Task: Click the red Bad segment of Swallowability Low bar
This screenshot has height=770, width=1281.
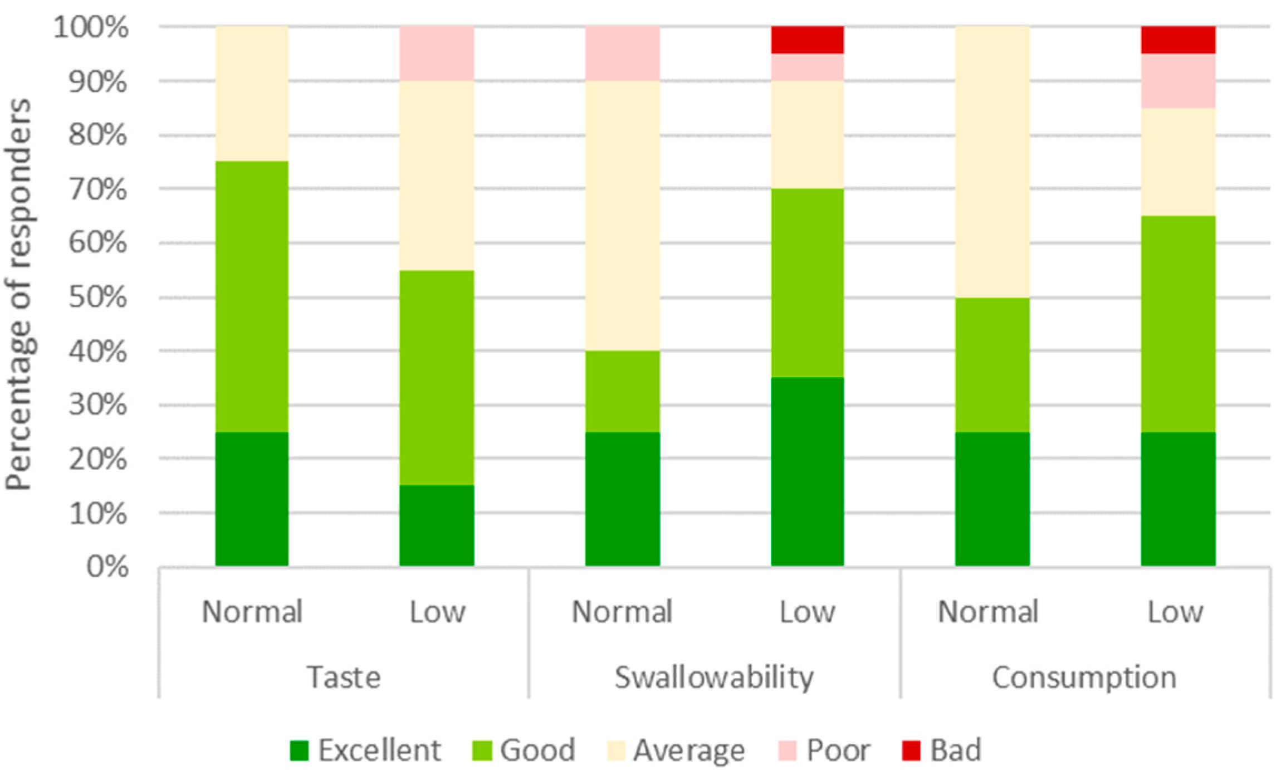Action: coord(807,40)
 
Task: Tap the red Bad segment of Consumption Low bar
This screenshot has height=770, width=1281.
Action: coord(1177,40)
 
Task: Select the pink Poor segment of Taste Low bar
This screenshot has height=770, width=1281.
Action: coord(437,53)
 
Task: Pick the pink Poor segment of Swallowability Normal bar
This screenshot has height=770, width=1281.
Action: coord(622,53)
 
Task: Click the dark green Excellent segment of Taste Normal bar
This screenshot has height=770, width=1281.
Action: coord(252,499)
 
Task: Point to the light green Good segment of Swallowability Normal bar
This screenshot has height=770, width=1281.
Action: coord(622,391)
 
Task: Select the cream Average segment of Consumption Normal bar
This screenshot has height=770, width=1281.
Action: coord(992,162)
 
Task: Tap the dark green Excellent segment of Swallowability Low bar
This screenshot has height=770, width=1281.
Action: coord(807,471)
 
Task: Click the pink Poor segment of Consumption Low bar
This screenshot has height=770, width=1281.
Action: coord(1177,81)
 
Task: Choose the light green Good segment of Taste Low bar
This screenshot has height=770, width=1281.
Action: coord(437,378)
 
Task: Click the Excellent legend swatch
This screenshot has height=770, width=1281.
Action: coord(299,750)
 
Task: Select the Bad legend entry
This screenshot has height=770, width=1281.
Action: coord(941,750)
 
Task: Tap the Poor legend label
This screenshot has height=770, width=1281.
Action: coord(838,750)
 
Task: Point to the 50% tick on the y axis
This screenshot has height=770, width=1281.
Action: coord(98,297)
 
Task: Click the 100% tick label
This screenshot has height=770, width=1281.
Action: coord(91,27)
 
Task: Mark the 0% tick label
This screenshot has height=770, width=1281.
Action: coord(107,567)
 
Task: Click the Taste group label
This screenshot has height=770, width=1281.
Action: coord(344,678)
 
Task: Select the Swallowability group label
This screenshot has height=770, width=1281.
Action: coord(713,678)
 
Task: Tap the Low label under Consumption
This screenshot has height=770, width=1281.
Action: coord(1175,612)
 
